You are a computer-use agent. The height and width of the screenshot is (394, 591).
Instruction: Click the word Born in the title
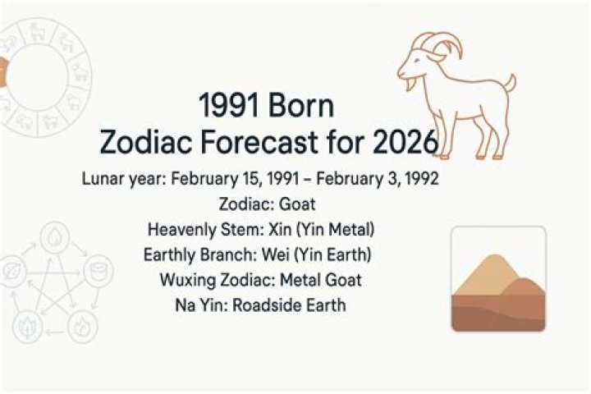[x=304, y=108]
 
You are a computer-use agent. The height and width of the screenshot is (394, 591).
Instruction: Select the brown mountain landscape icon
[x=498, y=279]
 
